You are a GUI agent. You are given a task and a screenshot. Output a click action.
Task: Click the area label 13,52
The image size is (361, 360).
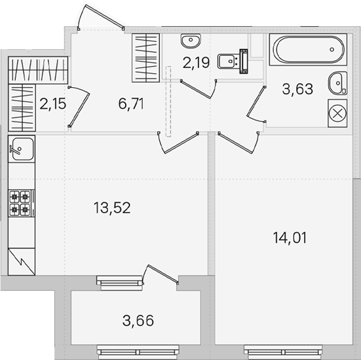(112, 207)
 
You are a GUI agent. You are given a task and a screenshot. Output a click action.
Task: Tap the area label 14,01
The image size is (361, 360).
(290, 238)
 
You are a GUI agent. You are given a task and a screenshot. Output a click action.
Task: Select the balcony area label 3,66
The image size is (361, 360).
(138, 321)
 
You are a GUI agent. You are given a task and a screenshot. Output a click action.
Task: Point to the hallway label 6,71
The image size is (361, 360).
(131, 103)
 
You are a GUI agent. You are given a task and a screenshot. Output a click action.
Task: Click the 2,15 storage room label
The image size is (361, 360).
(52, 103)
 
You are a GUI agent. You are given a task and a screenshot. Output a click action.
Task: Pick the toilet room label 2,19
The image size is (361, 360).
(196, 63)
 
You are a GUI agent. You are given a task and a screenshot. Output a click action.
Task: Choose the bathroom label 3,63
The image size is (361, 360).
(297, 89)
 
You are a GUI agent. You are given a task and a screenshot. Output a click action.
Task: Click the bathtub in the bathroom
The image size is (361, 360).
(309, 50)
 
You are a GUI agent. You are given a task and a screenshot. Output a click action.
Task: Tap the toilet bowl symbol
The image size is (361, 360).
(233, 61)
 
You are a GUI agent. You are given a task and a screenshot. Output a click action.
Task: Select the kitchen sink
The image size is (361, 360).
(22, 149)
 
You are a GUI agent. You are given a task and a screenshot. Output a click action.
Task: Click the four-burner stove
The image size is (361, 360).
(22, 203)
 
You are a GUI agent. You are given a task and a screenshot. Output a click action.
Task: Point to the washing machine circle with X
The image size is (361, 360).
(337, 113)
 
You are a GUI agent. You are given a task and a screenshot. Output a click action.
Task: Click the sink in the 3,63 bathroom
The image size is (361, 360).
(338, 83)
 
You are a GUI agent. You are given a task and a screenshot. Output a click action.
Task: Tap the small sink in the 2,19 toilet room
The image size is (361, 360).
(191, 41)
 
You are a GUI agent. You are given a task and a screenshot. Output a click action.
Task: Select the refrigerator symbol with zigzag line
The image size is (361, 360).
(22, 262)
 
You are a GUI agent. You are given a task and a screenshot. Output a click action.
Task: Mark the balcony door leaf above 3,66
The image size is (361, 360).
(163, 274)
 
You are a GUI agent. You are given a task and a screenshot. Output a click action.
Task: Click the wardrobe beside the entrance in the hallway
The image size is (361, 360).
(145, 58)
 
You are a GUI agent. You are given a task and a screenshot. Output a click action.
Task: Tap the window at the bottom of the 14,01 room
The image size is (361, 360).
(284, 352)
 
